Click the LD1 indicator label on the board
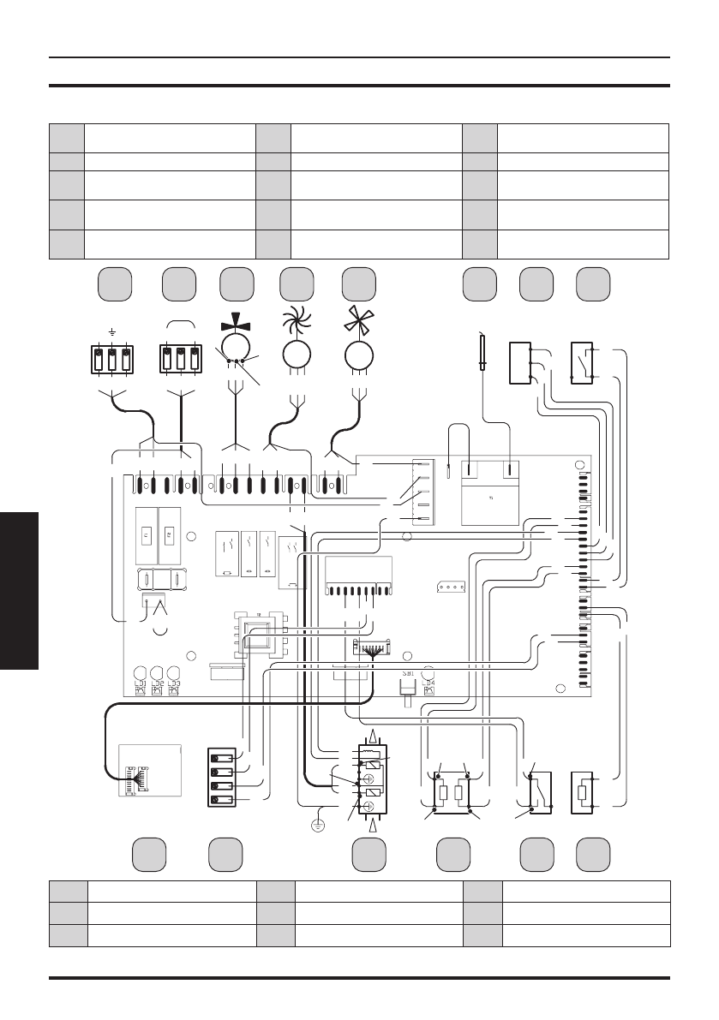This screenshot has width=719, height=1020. (139, 683)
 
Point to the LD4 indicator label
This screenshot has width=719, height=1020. (428, 683)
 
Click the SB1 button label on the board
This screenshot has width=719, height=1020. (408, 674)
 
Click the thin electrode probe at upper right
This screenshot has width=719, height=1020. (483, 351)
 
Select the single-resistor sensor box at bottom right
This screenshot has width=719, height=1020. (584, 792)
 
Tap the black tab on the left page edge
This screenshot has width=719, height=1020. (19, 591)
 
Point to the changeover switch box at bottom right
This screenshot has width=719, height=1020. (538, 791)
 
